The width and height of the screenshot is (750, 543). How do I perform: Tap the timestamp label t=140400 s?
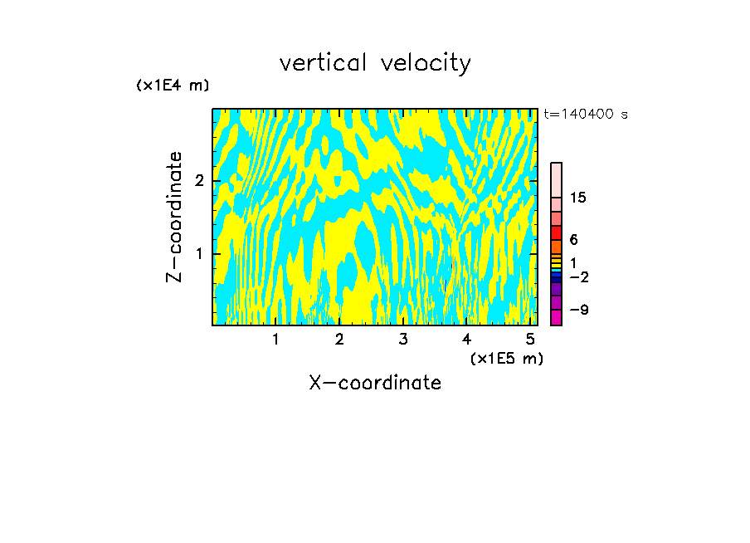[x=586, y=115]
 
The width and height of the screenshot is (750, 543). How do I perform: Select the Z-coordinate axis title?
[x=175, y=217]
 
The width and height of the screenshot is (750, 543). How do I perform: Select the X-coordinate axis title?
[x=375, y=383]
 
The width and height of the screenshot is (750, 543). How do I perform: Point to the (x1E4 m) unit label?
[x=173, y=86]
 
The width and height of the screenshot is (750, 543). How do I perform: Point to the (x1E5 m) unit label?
[x=506, y=358]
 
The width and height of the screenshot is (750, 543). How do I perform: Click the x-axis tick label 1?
[x=276, y=339]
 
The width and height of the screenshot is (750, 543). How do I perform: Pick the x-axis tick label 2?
[x=339, y=339]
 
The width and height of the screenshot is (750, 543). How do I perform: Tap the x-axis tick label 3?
[x=403, y=339]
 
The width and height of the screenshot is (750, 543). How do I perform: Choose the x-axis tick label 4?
[x=467, y=339]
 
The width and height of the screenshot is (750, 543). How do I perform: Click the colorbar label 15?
[x=579, y=198]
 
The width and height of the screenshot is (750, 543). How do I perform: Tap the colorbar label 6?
[x=574, y=239]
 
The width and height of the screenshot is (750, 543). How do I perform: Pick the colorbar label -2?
[x=578, y=276]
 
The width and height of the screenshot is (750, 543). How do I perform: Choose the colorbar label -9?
[x=578, y=310]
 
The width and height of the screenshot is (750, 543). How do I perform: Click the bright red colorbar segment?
[x=556, y=232]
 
